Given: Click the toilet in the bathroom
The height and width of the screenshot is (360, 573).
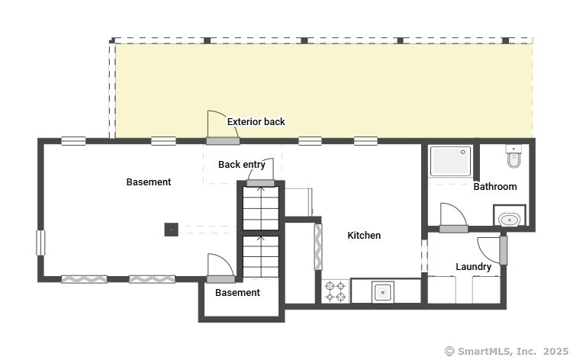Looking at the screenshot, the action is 513,156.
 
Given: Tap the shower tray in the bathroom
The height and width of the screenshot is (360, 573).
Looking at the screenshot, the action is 451,161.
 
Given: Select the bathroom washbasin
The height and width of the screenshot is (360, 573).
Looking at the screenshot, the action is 510,220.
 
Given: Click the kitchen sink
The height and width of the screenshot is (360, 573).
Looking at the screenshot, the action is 382,292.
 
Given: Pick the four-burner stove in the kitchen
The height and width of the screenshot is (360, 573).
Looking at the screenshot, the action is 336,291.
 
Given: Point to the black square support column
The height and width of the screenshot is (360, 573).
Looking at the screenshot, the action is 171,230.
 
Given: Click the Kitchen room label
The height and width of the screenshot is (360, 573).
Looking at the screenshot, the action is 364,236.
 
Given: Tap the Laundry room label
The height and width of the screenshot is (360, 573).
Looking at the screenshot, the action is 473,267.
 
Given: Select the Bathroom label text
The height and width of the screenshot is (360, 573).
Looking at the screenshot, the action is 495,187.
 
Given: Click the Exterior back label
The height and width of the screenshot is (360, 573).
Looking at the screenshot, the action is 256,122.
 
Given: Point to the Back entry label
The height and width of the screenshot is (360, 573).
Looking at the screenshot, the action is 242,165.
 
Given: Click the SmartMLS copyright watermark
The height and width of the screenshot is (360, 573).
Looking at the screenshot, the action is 507,351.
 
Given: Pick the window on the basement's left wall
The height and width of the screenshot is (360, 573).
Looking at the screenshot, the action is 40,243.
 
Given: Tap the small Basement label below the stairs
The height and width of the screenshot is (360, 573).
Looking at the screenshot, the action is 237,293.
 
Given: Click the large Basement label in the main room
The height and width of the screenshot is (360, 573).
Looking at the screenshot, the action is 149,182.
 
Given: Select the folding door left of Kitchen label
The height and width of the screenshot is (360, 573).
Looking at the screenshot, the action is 318,247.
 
